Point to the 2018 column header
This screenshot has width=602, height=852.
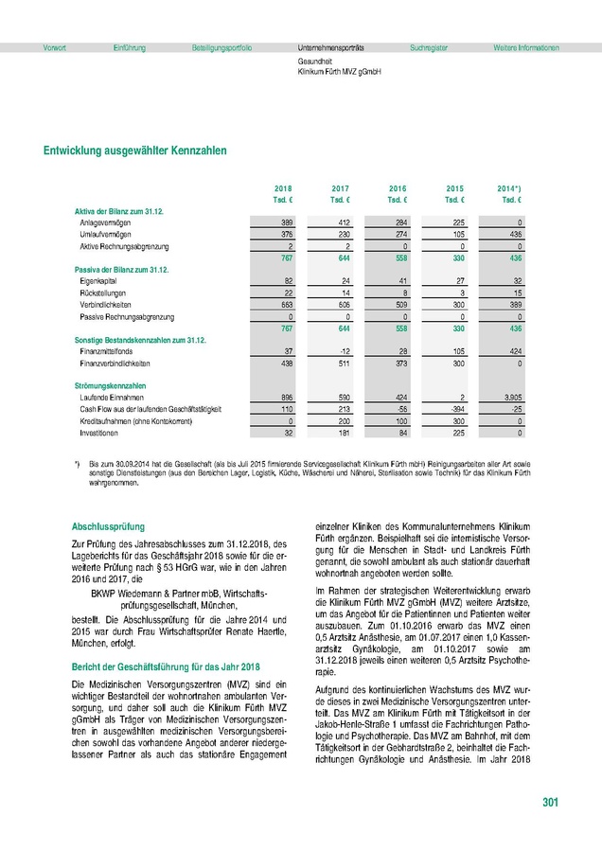tap(283, 189)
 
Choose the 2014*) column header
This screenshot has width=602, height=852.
tap(509, 189)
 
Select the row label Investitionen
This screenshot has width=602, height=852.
tap(102, 433)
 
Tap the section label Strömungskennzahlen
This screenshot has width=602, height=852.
tap(110, 385)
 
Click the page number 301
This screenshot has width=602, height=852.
tap(550, 804)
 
